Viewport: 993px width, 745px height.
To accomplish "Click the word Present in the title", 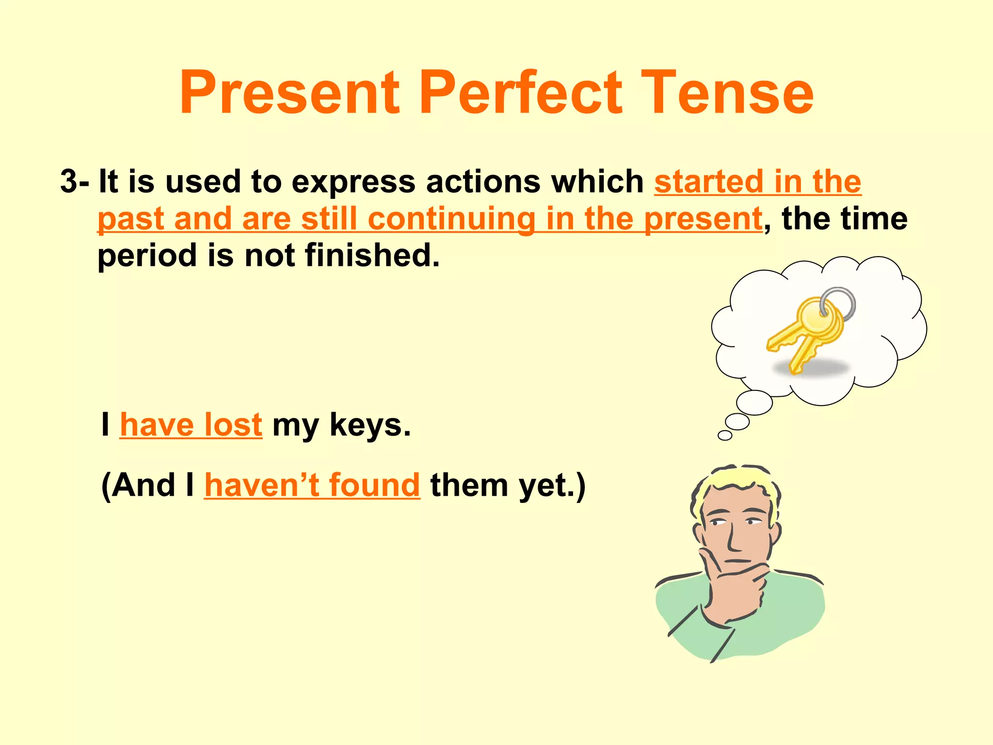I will click(x=289, y=93).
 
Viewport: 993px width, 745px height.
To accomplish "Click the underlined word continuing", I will click(x=451, y=219).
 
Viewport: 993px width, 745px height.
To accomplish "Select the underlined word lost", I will click(x=233, y=424).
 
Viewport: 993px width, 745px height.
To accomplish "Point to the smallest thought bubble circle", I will click(x=725, y=435).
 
